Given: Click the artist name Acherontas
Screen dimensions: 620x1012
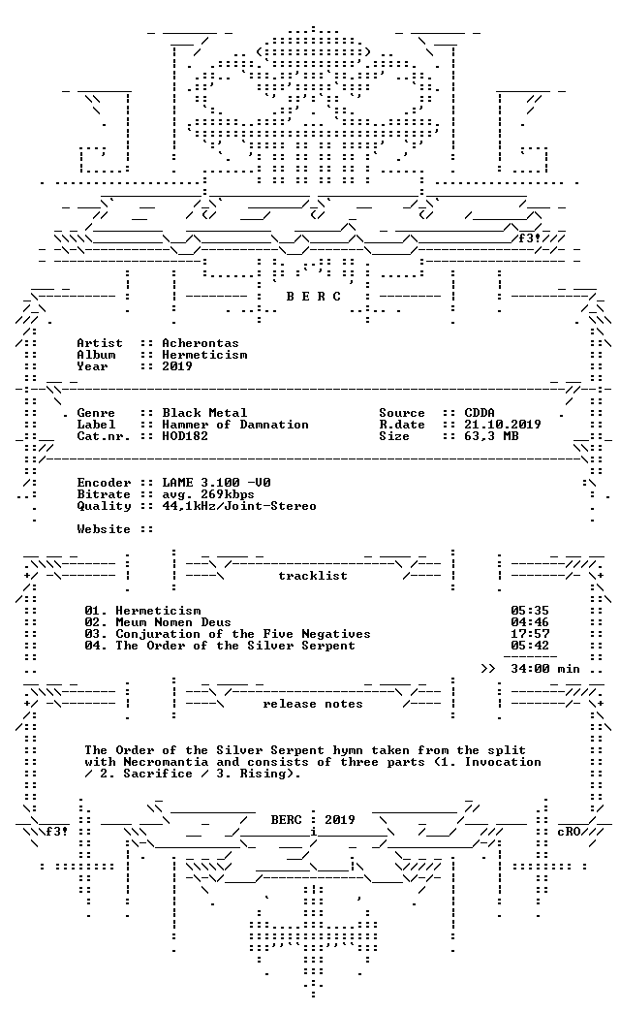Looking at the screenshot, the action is pyautogui.click(x=200, y=343).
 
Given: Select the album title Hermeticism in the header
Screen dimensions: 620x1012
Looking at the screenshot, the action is pyautogui.click(x=204, y=355).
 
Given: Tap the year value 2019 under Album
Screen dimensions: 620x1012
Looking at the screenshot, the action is pyautogui.click(x=177, y=366).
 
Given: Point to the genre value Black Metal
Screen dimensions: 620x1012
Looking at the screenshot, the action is pyautogui.click(x=204, y=413).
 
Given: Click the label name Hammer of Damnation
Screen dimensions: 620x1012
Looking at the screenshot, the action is pyautogui.click(x=235, y=425).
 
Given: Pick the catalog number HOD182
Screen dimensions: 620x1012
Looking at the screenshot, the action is pyautogui.click(x=185, y=436).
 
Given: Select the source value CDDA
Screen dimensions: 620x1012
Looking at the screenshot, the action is pyautogui.click(x=480, y=413).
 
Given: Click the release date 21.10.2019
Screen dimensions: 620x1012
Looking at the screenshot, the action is pyautogui.click(x=503, y=425).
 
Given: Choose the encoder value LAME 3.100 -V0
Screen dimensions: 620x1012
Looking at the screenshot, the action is pyautogui.click(x=216, y=483).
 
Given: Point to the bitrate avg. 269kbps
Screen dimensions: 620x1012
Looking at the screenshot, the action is pyautogui.click(x=207, y=494).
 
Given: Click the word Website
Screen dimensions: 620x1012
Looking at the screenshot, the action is pyautogui.click(x=104, y=529).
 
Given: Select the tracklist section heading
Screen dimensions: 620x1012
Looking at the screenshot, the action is pyautogui.click(x=313, y=576).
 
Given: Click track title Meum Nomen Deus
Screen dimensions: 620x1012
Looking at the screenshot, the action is pyautogui.click(x=172, y=622).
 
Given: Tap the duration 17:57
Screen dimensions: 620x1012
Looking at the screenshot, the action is pyautogui.click(x=530, y=634).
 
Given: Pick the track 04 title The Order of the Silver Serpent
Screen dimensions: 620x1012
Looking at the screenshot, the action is pyautogui.click(x=234, y=646).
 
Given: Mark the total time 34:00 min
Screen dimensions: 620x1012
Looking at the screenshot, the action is pyautogui.click(x=545, y=669).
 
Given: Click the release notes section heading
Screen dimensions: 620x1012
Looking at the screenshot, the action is pyautogui.click(x=313, y=704).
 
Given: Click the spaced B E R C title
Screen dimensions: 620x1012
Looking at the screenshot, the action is pyautogui.click(x=314, y=297).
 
